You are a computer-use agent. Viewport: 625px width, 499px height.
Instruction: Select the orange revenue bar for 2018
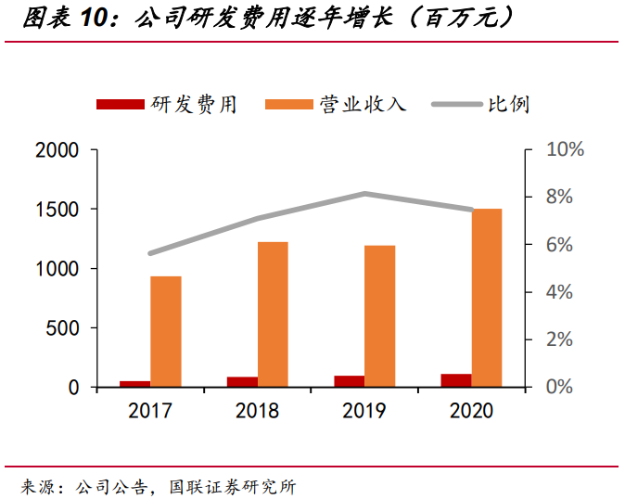[273, 313]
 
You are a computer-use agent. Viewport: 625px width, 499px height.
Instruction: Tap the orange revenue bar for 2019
[379, 315]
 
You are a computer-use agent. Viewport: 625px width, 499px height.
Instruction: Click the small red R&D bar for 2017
[135, 383]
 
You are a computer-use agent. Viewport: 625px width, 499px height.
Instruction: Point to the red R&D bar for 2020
[455, 380]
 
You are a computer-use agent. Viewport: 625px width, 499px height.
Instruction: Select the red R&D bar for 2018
[242, 381]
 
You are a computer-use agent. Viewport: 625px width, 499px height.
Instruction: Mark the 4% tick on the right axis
[558, 292]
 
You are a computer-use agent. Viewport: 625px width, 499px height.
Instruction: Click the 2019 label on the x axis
[364, 411]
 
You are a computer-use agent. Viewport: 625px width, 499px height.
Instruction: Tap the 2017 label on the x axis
[150, 411]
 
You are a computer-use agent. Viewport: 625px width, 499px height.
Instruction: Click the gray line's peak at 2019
[364, 194]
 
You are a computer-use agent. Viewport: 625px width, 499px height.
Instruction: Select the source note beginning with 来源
[158, 484]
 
